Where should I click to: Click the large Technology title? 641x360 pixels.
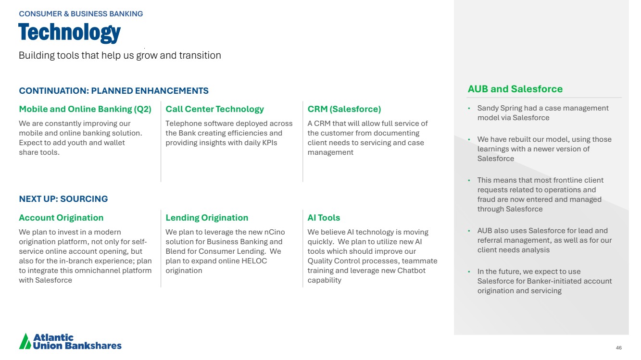[70, 33]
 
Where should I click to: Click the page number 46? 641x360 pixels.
[619, 348]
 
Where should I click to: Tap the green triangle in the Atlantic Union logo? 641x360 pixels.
[25, 341]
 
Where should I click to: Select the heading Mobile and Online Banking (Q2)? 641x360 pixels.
[85, 109]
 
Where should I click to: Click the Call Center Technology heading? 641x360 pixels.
[214, 109]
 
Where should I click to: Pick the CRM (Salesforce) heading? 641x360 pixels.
[344, 109]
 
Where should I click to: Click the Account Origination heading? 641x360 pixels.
[61, 218]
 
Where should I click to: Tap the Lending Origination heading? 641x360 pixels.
[207, 218]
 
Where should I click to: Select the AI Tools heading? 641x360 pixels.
[324, 218]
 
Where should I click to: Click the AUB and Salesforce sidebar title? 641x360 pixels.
[515, 89]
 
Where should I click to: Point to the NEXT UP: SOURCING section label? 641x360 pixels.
[63, 199]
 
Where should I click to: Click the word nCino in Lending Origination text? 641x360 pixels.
[275, 232]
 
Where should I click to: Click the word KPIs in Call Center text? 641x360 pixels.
[270, 143]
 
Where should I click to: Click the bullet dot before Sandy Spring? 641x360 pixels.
[469, 108]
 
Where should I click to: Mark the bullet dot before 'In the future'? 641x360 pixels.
[469, 272]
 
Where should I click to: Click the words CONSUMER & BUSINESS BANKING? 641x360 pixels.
[81, 14]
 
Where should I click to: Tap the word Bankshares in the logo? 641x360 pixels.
[93, 346]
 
